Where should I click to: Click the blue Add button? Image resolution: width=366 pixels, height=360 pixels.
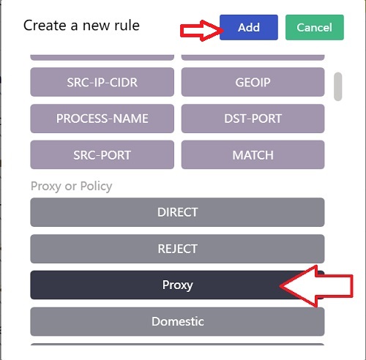249,27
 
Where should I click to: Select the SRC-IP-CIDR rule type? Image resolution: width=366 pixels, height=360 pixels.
102,82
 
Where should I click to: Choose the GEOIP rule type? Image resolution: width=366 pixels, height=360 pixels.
253,82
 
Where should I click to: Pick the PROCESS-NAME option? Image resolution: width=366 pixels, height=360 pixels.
102,119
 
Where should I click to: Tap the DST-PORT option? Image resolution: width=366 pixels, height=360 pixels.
253,119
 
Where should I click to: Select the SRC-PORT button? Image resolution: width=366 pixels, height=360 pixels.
102,154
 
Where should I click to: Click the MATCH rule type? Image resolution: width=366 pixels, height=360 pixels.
253,154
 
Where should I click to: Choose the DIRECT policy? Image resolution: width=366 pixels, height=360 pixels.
177,212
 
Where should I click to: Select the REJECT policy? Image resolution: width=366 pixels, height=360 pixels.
177,249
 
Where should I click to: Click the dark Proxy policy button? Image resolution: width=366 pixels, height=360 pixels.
177,285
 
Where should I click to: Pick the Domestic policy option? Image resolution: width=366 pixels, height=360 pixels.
177,321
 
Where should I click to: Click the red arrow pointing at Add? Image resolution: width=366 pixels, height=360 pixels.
202,31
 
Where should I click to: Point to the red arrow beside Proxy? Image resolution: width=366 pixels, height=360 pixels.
316,286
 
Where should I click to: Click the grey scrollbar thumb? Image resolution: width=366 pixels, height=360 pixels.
338,86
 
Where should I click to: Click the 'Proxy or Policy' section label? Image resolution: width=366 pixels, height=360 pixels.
72,187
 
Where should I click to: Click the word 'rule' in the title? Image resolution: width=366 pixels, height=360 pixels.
127,26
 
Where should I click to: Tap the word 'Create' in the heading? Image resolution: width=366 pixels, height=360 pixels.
45,26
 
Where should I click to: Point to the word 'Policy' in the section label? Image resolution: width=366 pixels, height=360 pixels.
97,187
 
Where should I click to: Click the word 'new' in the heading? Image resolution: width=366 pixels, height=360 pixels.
97,26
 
